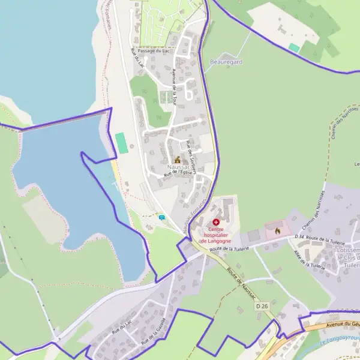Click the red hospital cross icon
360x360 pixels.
216,222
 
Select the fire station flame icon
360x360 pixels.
277,230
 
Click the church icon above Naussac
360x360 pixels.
178,160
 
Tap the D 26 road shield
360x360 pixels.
261,306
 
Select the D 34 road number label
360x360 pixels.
300,238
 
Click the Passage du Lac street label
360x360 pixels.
153,51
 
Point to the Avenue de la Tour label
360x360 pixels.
174,87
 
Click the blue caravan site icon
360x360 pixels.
162,217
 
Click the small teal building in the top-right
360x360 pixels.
294,47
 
